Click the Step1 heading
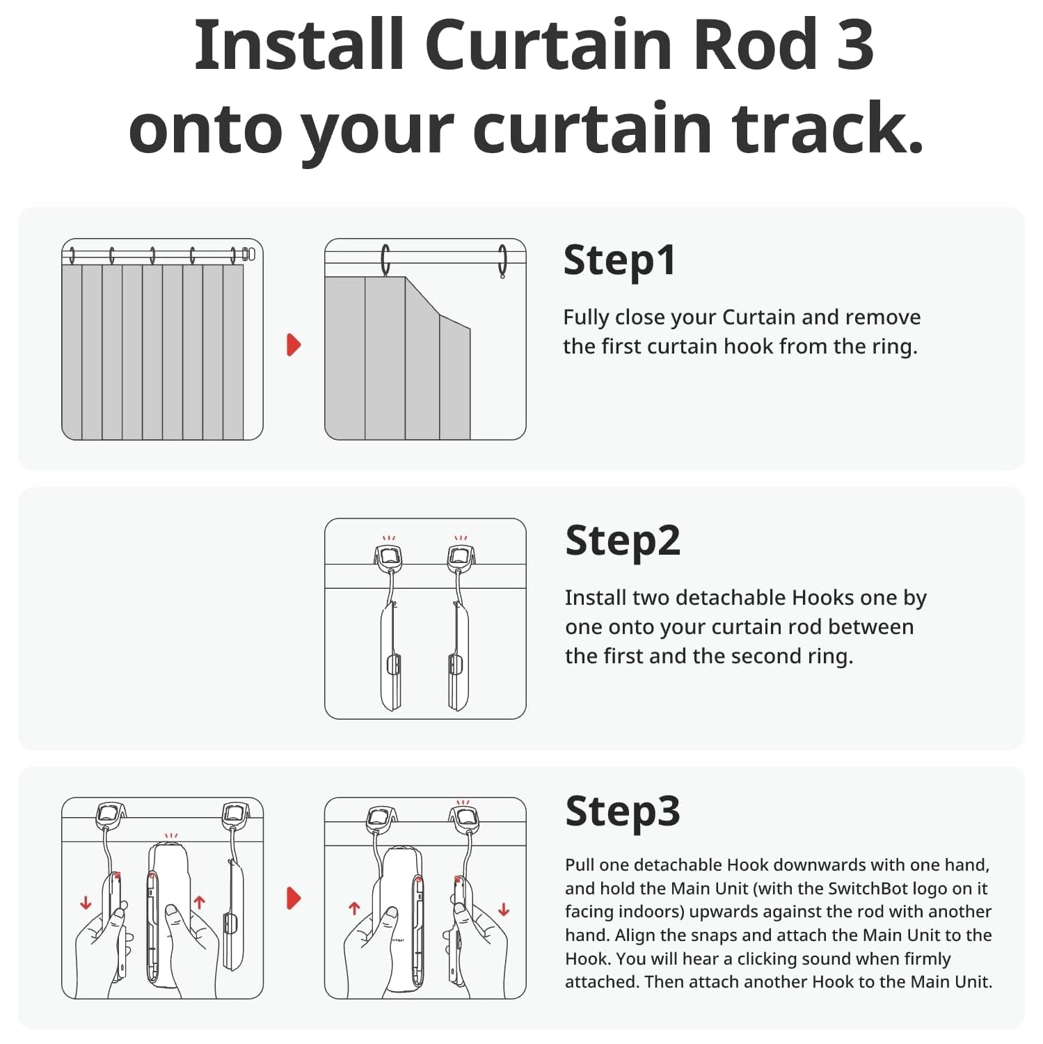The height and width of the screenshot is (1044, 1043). click(619, 260)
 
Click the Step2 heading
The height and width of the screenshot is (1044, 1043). click(622, 541)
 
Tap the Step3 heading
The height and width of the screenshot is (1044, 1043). click(622, 812)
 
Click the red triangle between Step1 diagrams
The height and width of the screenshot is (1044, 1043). click(294, 345)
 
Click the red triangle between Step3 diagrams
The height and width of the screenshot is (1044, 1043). click(294, 898)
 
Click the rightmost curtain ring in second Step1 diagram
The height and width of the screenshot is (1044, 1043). click(502, 261)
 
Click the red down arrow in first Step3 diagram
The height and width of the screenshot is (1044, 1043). click(86, 903)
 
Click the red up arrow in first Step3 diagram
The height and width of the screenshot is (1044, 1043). click(200, 903)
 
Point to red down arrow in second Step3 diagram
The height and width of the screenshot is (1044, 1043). click(504, 909)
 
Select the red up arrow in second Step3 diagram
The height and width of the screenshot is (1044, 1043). click(354, 908)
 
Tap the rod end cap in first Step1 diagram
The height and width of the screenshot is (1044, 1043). click(249, 254)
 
